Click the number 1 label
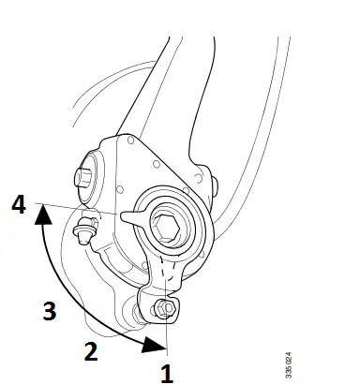pos(167,374)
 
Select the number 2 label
pos(91,351)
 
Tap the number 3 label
pos(50,310)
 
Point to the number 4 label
pos(19,204)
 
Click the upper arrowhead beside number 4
pos(43,215)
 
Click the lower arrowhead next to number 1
pos(153,345)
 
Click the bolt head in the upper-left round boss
pos(82,177)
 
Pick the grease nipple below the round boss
pos(85,230)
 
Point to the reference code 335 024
pos(289,365)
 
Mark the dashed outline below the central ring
pos(167,269)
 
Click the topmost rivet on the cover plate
pos(131,141)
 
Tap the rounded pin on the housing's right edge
pos(215,185)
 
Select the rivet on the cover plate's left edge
pos(120,189)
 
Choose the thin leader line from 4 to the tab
pos(77,209)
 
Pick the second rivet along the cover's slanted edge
pos(157,164)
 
